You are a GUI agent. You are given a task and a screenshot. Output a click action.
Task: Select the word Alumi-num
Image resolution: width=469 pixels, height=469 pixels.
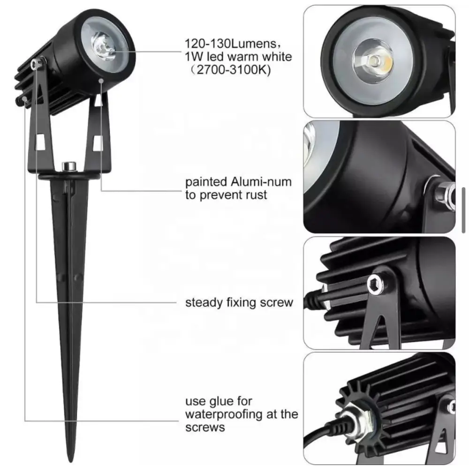click(x=261, y=182)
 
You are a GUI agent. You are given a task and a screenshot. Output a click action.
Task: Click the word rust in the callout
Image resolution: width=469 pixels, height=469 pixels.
click(x=254, y=195)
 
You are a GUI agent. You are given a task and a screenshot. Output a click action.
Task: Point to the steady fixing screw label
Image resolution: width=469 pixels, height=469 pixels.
click(x=239, y=303)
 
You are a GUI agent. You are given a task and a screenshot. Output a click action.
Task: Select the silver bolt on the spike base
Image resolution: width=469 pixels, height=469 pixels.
click(x=69, y=166)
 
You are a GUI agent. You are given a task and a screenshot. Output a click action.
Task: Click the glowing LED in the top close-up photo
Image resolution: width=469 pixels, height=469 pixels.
click(x=373, y=61)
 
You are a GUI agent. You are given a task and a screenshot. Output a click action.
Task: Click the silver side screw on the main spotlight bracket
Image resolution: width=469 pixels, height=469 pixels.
click(x=37, y=63)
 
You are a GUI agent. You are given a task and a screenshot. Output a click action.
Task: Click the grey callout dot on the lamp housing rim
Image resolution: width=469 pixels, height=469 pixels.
click(x=101, y=81)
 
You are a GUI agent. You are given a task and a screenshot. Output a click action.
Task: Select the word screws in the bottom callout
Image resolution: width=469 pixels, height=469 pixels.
click(x=205, y=427)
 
